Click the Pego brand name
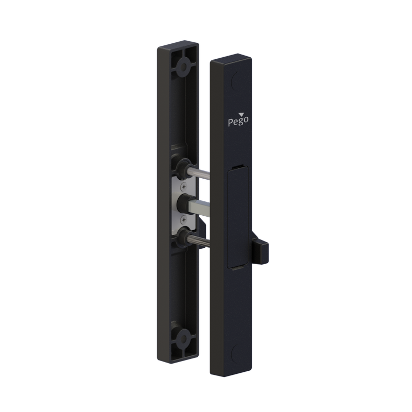coord(238,122)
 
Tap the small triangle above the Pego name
coord(241,114)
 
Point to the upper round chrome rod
coord(198,173)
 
